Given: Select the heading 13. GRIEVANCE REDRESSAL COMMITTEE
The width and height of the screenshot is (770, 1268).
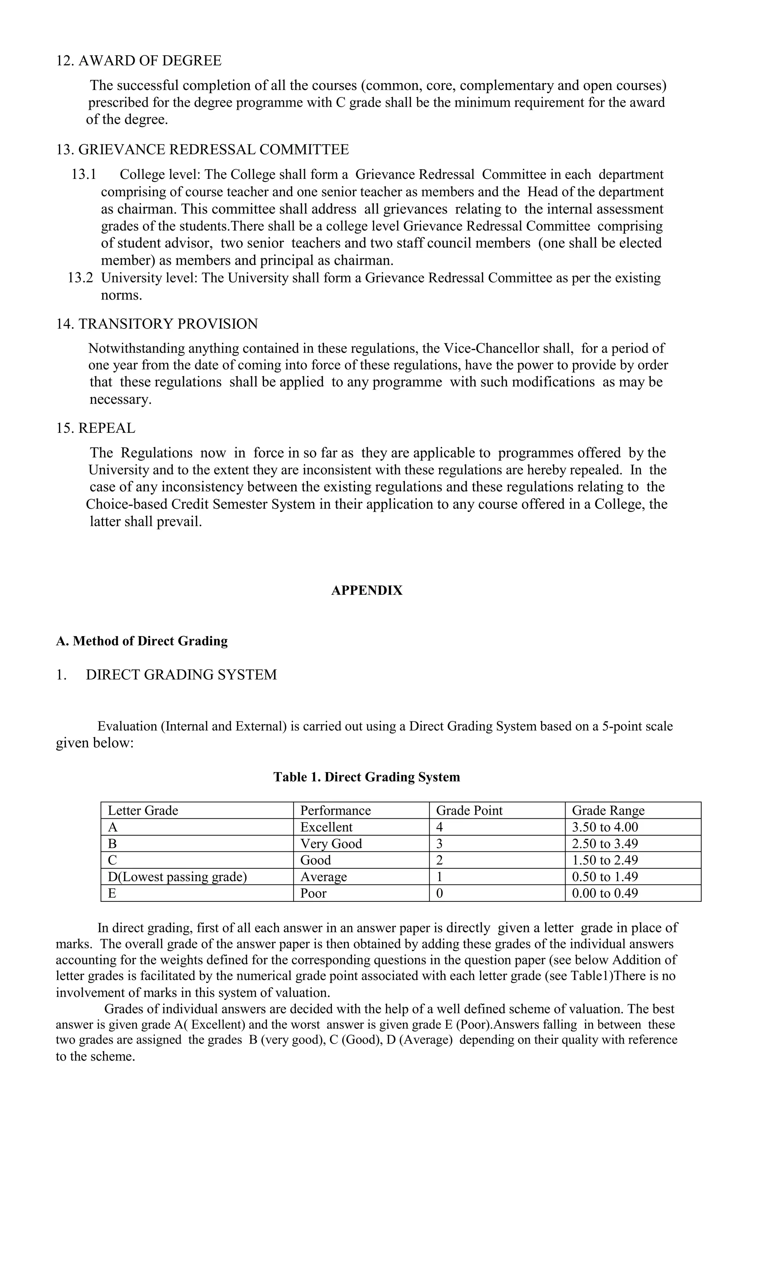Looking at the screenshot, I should pos(202,150).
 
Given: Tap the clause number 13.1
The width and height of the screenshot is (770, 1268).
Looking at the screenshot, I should pos(84,174).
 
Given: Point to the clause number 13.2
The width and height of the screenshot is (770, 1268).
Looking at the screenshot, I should pos(80,278).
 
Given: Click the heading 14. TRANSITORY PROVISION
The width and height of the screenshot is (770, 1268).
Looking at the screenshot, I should pos(157,324).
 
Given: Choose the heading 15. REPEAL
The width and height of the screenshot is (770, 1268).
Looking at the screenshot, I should pos(96,428).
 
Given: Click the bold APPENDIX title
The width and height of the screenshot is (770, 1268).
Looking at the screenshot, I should pos(367,590).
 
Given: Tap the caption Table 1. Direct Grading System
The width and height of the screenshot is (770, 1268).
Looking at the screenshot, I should pos(367,777).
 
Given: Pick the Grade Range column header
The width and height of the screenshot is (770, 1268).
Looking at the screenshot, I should pos(608,810).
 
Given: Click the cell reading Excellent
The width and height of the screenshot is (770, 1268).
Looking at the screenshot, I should pos(326,827).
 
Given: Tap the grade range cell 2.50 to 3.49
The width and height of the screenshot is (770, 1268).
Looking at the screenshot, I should pos(605,844).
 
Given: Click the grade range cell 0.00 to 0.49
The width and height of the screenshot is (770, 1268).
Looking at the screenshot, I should pos(605,893).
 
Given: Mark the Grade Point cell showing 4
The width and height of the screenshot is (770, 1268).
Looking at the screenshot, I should pos(440,827).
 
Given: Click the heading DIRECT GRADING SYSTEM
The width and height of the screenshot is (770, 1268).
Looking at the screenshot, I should pos(181,675).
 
